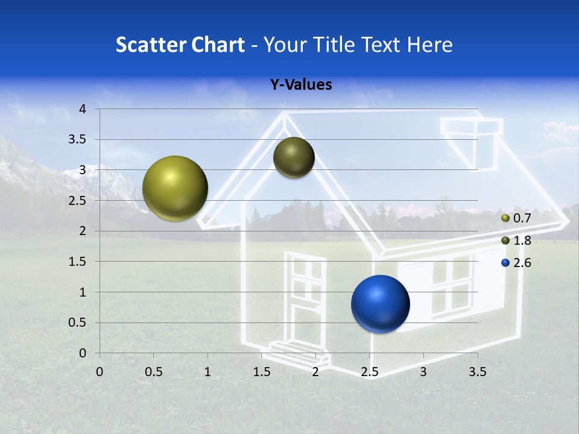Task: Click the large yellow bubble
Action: (175, 188)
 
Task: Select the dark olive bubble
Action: (294, 157)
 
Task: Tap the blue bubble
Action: (380, 304)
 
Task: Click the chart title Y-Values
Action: (300, 85)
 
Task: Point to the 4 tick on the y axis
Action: (83, 109)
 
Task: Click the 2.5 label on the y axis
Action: (78, 201)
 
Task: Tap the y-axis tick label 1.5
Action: (78, 262)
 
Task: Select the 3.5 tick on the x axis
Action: (477, 372)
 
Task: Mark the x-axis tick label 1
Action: (207, 372)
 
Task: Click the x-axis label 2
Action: (315, 372)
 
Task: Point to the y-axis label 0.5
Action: (78, 322)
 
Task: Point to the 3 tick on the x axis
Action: (423, 372)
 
